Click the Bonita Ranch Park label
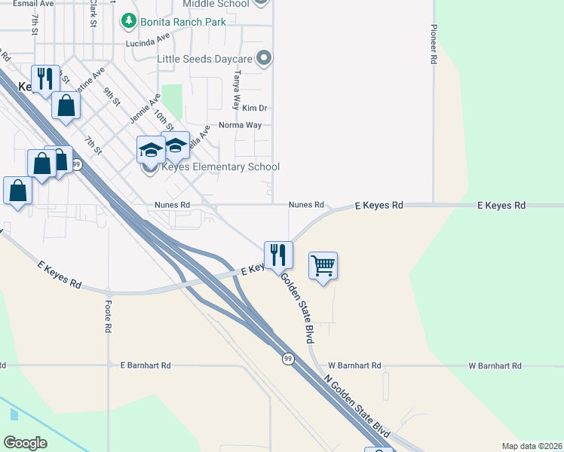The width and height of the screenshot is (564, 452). [182, 22]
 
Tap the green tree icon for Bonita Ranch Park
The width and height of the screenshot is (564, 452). [130, 21]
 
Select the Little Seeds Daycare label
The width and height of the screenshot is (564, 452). [205, 58]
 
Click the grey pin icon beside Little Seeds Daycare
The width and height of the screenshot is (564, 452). [264, 57]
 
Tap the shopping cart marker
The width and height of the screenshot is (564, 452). [323, 266]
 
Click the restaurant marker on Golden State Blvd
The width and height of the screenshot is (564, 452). [278, 255]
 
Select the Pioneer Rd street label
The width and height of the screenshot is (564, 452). [434, 44]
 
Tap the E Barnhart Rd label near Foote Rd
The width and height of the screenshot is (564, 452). [146, 365]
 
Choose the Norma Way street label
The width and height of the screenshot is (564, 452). [240, 125]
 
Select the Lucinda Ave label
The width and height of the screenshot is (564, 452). [149, 44]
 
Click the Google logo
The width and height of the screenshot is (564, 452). [26, 443]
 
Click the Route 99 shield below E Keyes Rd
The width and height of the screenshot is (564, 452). [287, 359]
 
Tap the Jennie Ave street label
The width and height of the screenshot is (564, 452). [145, 108]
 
